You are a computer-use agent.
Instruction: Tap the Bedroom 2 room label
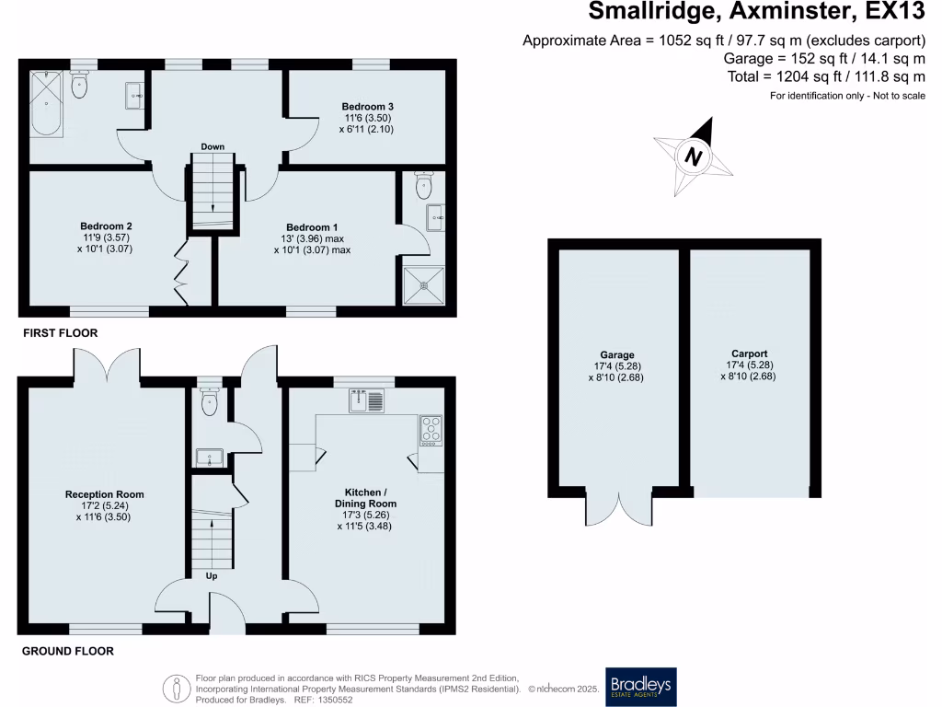107,226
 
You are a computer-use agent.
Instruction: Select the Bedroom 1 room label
313,227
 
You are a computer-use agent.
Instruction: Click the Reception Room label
104,494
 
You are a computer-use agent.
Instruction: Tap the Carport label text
750,353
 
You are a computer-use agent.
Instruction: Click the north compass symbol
695,156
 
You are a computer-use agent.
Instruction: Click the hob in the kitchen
431,429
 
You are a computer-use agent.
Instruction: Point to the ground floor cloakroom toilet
210,402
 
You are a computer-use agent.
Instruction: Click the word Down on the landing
213,146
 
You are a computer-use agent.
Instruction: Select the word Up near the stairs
211,576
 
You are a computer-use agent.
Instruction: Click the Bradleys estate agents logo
639,686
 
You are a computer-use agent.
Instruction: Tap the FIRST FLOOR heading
61,333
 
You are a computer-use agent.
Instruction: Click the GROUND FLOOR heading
68,651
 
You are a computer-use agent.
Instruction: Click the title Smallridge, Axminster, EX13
755,12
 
